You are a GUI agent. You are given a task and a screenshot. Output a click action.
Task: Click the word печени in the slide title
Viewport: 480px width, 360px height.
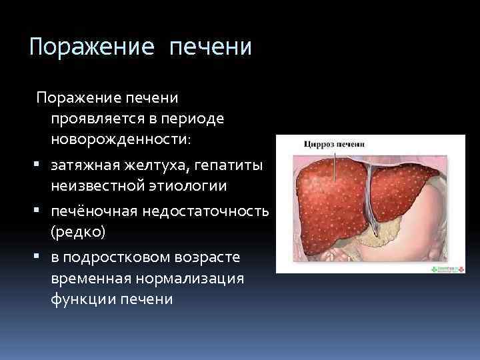(211, 47)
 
